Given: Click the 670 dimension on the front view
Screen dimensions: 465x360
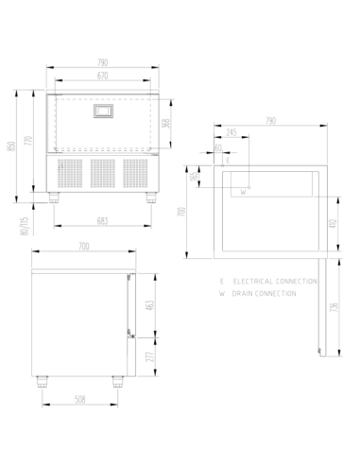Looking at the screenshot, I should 102,75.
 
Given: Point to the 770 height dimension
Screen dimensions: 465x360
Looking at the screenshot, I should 30,141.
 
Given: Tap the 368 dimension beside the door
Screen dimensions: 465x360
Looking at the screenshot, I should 166,123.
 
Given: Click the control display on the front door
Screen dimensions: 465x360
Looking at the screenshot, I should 102,112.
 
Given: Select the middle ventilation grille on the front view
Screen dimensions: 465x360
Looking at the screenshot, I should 101,172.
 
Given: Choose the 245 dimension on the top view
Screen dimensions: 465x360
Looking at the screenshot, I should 231,133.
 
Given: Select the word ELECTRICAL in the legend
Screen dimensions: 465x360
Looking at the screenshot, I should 254,283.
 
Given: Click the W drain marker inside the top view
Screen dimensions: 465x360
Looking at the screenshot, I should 243,192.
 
